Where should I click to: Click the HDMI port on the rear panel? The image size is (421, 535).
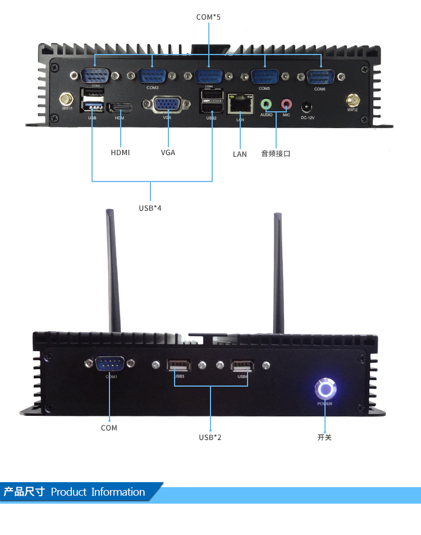click(x=120, y=107)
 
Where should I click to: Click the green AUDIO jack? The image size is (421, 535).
click(x=266, y=104)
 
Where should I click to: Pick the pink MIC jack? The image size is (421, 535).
click(x=286, y=104)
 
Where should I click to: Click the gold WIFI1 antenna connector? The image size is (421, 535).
click(x=67, y=99)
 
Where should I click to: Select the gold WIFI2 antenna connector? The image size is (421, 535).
click(x=353, y=100)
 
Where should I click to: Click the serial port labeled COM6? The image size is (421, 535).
click(x=320, y=76)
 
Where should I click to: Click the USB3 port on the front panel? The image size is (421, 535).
click(x=179, y=366)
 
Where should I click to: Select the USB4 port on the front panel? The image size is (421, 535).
click(x=242, y=366)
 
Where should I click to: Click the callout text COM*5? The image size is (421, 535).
click(x=208, y=17)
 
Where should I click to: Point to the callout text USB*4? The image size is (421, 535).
click(x=150, y=208)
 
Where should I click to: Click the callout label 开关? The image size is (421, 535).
click(x=324, y=437)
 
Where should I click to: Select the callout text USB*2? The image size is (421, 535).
click(x=210, y=437)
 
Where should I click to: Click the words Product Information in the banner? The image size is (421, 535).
click(x=98, y=492)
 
